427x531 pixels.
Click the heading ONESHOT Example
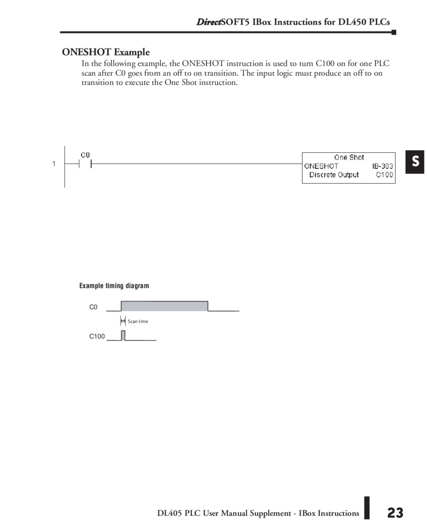pos(106,52)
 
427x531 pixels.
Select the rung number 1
pos(54,164)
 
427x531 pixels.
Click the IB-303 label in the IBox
pos(382,166)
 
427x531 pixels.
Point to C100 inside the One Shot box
pos(384,175)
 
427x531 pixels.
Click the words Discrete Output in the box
pos(334,175)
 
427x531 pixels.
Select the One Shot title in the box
pos(349,158)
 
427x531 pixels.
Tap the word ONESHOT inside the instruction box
pos(321,166)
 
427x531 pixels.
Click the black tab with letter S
pos(415,162)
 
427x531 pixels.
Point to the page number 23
pos(395,512)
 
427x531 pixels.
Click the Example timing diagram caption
pos(114,286)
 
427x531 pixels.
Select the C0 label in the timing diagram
pos(93,307)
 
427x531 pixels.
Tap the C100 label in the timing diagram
pos(97,336)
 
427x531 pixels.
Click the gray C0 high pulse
pos(164,306)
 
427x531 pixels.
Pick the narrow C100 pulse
pos(123,335)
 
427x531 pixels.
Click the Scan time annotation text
pos(138,321)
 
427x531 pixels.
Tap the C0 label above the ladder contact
pos(85,155)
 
